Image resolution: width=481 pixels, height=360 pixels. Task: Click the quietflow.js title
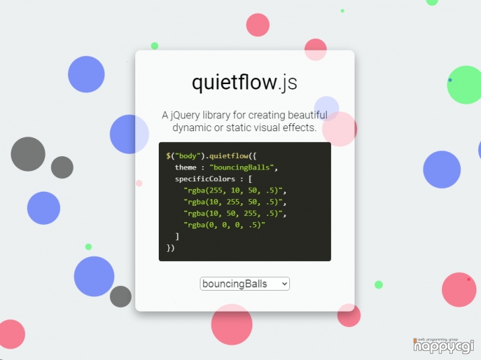point(244,82)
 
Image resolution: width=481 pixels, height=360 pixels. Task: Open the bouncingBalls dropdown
point(244,283)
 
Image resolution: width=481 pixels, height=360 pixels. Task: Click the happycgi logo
point(443,346)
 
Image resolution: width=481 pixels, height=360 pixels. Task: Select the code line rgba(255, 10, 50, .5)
point(235,190)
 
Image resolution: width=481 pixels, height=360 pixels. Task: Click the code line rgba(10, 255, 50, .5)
point(235,202)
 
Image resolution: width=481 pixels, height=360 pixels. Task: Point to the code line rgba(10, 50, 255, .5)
point(235,213)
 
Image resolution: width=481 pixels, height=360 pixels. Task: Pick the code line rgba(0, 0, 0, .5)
point(224,225)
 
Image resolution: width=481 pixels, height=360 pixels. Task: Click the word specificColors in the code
point(205,179)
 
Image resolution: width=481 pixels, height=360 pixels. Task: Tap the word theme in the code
point(186,168)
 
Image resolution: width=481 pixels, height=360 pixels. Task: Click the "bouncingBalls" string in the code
point(242,168)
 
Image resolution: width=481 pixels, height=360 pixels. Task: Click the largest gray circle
point(28,154)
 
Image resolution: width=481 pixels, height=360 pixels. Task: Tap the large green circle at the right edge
point(465,85)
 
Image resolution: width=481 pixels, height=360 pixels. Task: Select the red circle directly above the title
point(258,25)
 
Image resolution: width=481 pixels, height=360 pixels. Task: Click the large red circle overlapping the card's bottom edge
point(232,324)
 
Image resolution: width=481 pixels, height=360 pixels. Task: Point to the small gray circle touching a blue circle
point(120,297)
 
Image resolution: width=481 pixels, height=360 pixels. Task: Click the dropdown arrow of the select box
point(285,284)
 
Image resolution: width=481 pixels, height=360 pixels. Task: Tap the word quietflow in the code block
point(229,156)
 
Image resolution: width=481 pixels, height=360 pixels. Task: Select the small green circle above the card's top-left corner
point(155,46)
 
